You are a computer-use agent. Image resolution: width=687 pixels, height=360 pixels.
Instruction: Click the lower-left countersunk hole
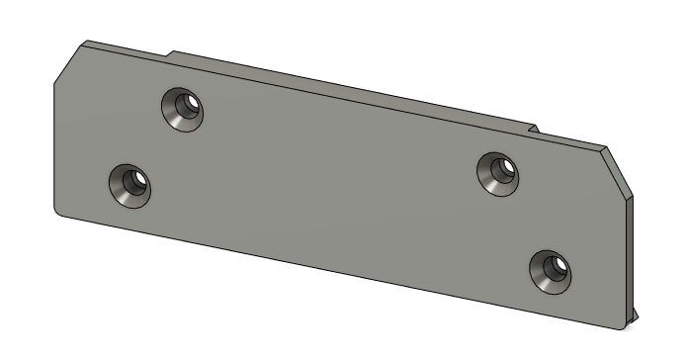[129, 185]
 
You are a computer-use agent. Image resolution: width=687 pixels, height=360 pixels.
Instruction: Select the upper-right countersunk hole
[497, 173]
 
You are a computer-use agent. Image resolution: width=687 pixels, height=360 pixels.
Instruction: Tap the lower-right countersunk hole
[550, 270]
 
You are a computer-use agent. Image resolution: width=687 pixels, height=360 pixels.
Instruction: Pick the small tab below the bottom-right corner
[635, 316]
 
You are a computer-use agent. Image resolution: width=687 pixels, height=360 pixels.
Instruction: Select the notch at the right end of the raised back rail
[534, 129]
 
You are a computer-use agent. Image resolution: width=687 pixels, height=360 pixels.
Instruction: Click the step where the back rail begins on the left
[170, 54]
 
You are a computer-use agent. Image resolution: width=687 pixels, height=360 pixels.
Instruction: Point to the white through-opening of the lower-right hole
[558, 266]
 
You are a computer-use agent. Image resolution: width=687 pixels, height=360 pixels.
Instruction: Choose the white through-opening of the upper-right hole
[505, 168]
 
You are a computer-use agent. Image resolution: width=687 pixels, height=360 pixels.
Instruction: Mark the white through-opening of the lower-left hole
[138, 180]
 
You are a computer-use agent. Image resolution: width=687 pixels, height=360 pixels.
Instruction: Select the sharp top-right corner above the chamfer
[604, 148]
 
